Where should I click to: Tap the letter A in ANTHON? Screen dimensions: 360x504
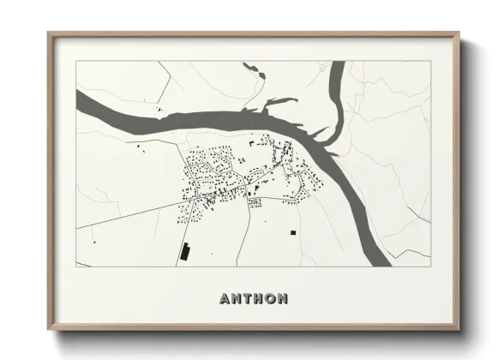tap(225, 299)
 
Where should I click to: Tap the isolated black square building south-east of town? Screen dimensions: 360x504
tap(292, 231)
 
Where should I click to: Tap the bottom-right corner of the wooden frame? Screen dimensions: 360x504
tap(459, 329)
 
